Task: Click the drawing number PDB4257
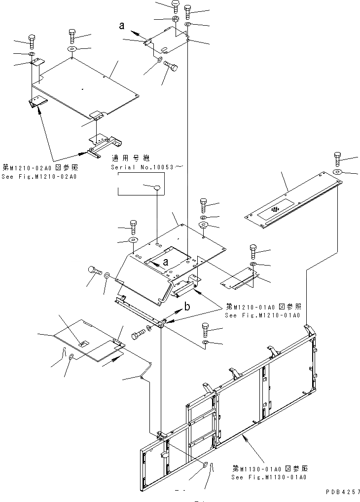pyautogui.click(x=340, y=492)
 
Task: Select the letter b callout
pyautogui.click(x=187, y=307)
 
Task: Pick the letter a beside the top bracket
pyautogui.click(x=122, y=27)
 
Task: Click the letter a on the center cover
pyautogui.click(x=166, y=262)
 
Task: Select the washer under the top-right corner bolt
pyautogui.click(x=338, y=171)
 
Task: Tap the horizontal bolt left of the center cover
pyautogui.click(x=94, y=270)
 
